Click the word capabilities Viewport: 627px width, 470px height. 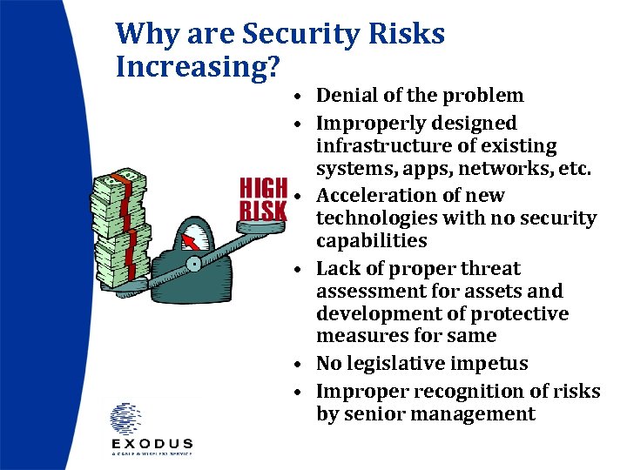click(372, 241)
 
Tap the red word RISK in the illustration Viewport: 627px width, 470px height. click(263, 210)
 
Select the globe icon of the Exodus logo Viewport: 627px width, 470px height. click(125, 419)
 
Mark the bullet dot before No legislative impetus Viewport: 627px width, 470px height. click(298, 365)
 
